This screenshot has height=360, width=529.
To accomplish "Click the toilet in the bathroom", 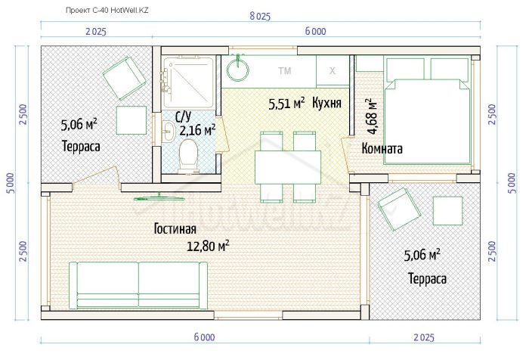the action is (x=188, y=156).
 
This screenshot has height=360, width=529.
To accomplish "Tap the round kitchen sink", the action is (x=238, y=70).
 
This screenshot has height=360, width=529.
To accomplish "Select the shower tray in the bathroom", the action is (x=189, y=82).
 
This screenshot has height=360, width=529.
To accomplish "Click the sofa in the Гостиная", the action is (x=138, y=285).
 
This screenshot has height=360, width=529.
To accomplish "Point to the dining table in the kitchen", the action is (x=288, y=167).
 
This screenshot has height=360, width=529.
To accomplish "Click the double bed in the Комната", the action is (x=428, y=110).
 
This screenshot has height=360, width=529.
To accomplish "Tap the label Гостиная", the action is (x=175, y=229).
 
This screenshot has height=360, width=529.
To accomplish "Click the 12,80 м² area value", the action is (x=208, y=246).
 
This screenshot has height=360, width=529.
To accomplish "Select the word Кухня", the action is (x=326, y=103).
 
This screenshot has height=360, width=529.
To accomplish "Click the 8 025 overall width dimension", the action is (x=260, y=16).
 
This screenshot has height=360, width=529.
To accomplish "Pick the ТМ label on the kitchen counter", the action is (x=285, y=71).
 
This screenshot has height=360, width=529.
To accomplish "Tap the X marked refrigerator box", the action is (x=333, y=70).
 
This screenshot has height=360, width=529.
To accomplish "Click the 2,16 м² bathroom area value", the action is (x=197, y=129).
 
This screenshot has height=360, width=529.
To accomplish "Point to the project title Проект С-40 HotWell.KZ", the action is (x=107, y=10).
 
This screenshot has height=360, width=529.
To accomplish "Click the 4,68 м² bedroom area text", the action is (x=373, y=116).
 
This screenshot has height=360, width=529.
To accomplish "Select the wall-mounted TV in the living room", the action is (x=159, y=198).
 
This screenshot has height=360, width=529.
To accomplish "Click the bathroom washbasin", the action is (x=168, y=132).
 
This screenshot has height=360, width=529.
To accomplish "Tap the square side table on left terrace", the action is (x=131, y=120).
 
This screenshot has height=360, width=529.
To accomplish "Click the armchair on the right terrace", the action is (x=399, y=209).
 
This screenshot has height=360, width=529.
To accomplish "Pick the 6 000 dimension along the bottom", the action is (x=205, y=337).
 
